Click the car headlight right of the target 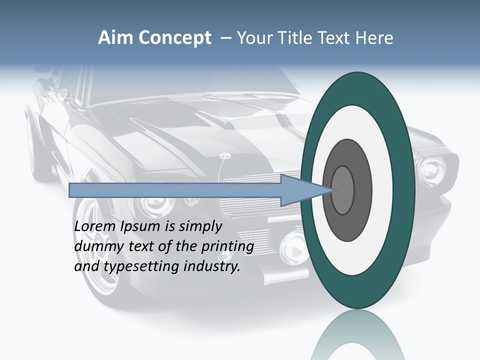[x=431, y=170]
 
